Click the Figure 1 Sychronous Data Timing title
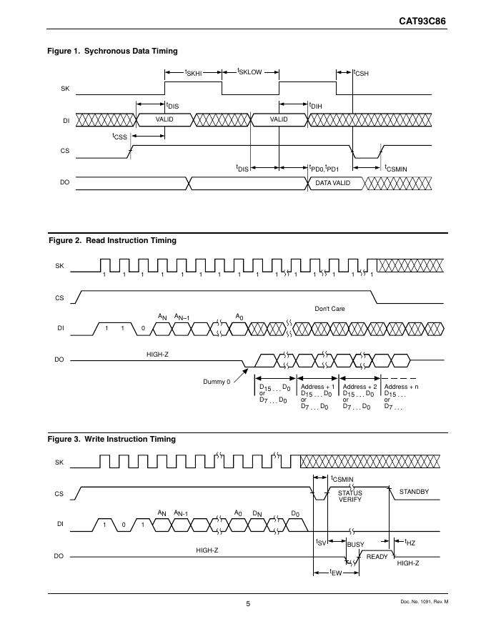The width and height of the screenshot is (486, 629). click(112, 51)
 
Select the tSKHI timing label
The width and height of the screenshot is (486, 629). click(193, 73)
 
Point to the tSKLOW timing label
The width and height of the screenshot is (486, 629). click(249, 73)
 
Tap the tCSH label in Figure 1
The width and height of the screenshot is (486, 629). click(360, 73)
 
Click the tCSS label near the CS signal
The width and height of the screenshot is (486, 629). click(119, 136)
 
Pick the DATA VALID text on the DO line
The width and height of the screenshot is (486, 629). click(333, 183)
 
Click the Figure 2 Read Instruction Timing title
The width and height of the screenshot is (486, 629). click(111, 240)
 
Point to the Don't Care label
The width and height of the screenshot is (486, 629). click(329, 309)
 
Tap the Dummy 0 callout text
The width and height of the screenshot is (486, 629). click(217, 382)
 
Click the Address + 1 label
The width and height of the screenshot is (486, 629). click(317, 387)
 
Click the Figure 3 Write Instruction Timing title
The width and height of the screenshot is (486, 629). click(111, 439)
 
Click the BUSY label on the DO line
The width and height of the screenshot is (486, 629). click(355, 545)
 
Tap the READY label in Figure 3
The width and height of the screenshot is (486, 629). click(376, 556)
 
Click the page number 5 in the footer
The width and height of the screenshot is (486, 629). click(248, 604)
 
